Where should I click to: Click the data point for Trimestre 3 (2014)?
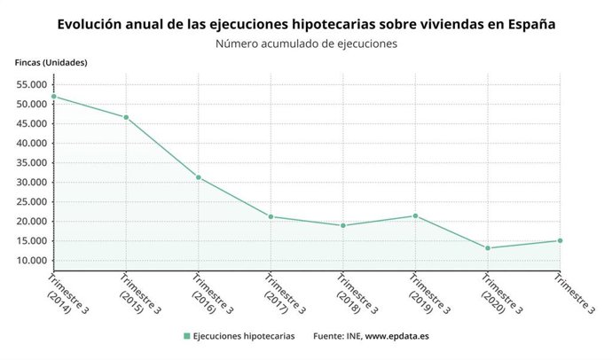53,97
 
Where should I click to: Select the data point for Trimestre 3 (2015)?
126,117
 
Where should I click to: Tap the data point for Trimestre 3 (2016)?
198,177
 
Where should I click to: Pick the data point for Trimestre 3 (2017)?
271,216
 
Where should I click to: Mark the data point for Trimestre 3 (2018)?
343,225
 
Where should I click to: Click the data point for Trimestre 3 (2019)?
415,215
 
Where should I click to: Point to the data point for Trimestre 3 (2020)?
488,248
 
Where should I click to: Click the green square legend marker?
186,336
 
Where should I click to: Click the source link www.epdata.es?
397,336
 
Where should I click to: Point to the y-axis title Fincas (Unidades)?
51,62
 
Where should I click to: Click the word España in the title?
531,24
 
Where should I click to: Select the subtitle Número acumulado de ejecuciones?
306,43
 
